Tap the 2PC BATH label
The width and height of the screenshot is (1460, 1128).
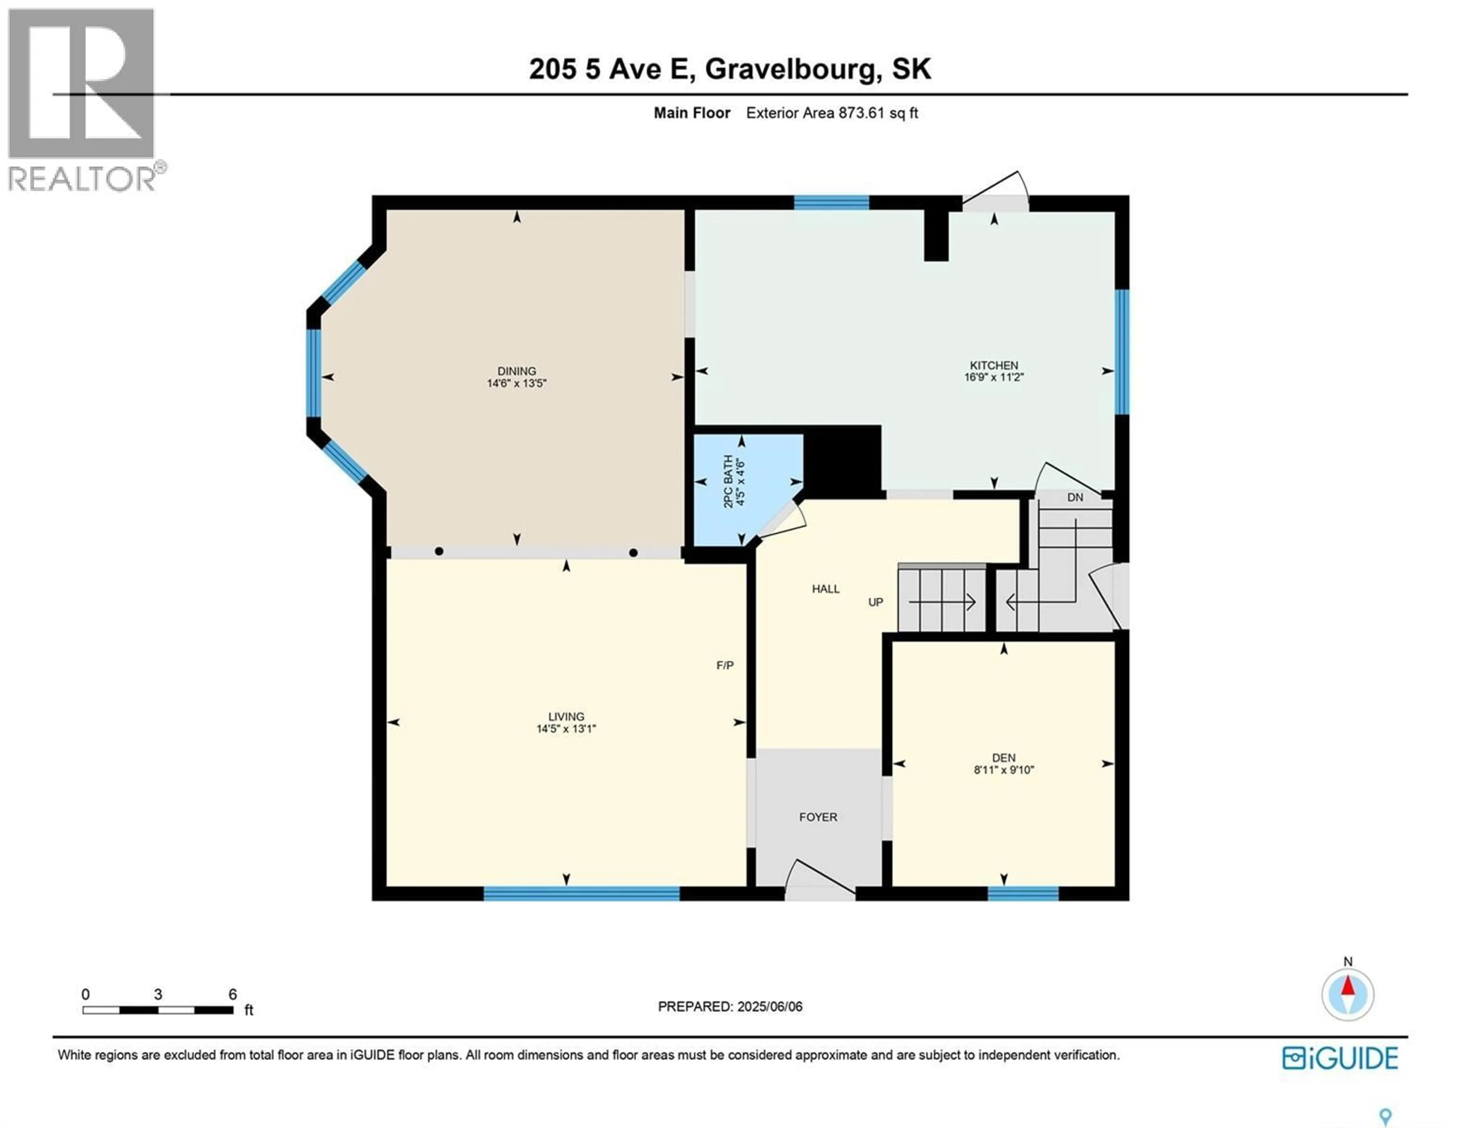point(728,481)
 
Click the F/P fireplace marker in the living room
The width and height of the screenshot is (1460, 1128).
point(725,665)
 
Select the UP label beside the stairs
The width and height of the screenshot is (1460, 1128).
point(875,603)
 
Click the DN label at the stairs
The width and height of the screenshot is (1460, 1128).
point(1075,498)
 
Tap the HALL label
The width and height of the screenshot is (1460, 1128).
point(825,589)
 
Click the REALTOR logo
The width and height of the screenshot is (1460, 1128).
point(82,100)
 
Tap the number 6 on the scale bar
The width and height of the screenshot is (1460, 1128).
point(233,994)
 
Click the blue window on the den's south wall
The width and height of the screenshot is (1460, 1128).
point(1023,893)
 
